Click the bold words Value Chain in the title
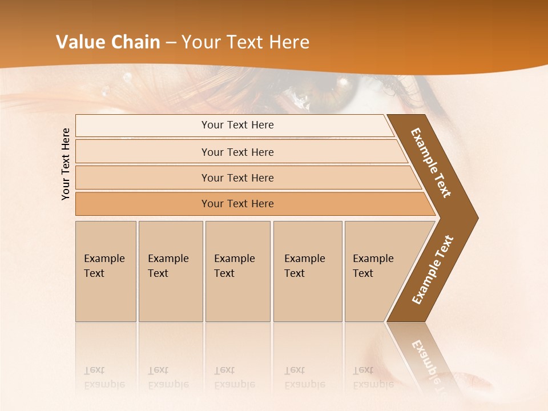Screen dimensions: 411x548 109,42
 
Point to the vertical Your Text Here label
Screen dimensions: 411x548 66,164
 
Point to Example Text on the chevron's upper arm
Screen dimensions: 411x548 431,163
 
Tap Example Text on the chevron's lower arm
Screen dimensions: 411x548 433,270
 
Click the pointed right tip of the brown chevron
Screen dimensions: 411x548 476,218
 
